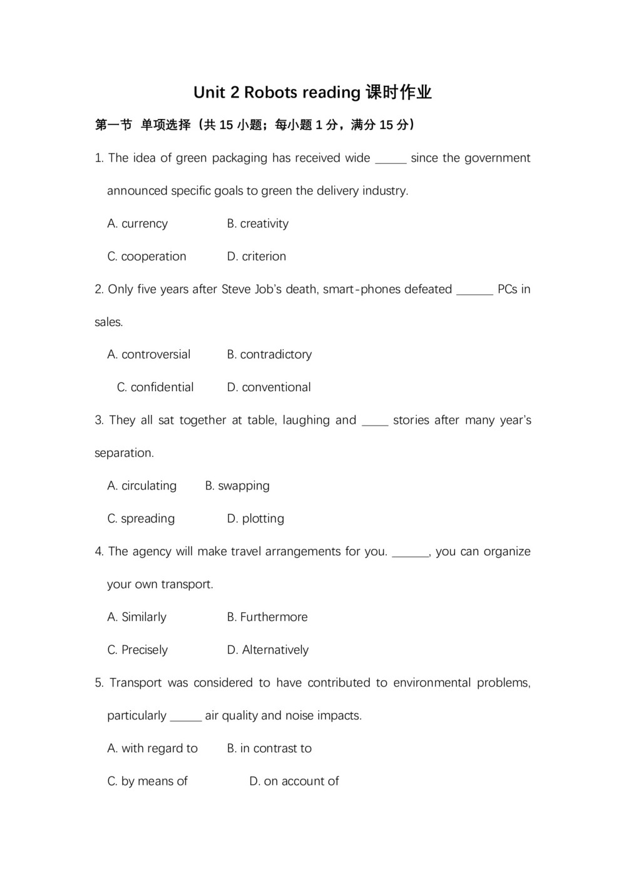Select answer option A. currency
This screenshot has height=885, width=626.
point(138,223)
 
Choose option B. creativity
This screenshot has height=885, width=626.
point(257,223)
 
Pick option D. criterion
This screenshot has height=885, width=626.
point(256,256)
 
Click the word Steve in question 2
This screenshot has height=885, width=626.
point(236,289)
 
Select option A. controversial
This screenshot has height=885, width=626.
point(149,354)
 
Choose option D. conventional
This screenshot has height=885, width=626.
point(269,387)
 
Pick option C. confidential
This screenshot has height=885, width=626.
point(155,387)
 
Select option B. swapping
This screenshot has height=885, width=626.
point(237,486)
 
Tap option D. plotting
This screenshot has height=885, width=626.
point(255,518)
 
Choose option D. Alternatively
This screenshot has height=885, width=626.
point(267,650)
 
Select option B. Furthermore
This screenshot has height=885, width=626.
point(267,616)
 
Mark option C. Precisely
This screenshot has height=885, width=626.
point(138,650)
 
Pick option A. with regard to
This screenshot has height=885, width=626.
point(153,748)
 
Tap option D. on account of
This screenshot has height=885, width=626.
point(294,780)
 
